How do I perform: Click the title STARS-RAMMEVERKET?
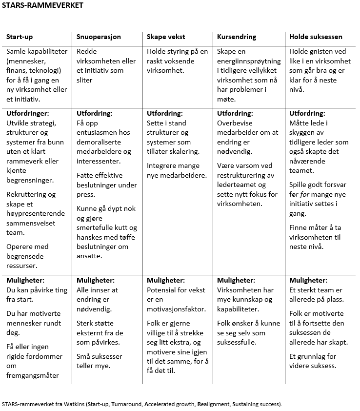click(x=42, y=5)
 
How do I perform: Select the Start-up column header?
click(x=20, y=37)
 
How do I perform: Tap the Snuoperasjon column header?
click(x=99, y=37)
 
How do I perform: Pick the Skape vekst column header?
click(x=166, y=37)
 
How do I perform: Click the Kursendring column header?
click(x=237, y=37)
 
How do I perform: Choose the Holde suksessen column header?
click(x=316, y=37)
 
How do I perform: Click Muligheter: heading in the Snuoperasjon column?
click(x=96, y=280)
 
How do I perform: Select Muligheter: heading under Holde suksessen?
click(x=308, y=280)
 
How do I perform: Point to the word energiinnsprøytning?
click(x=249, y=61)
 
